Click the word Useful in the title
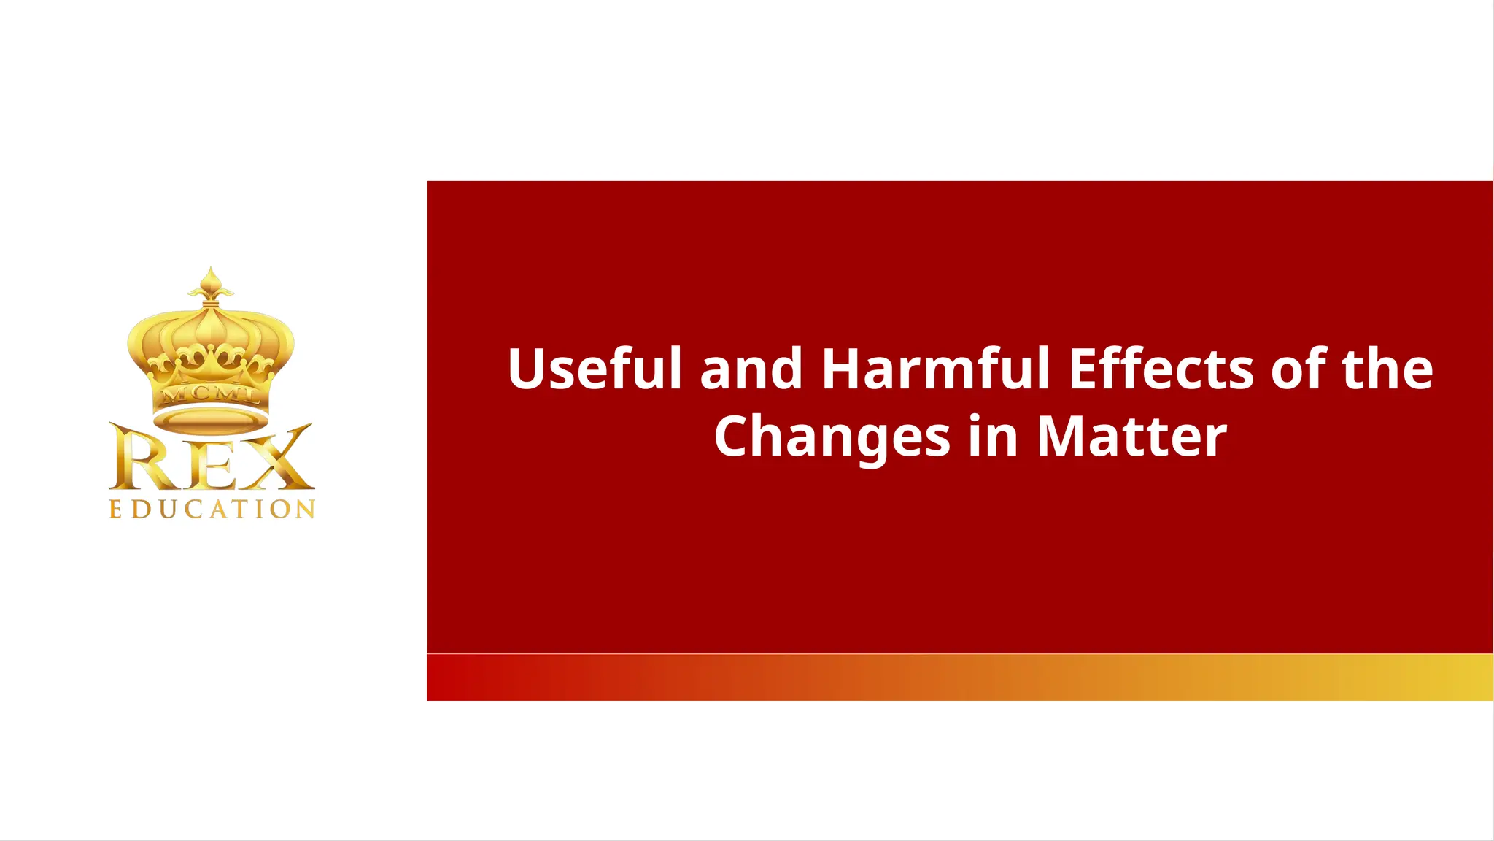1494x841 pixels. pyautogui.click(x=594, y=369)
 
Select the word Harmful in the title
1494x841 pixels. pyautogui.click(x=936, y=369)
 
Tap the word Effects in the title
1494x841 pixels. pyautogui.click(x=1161, y=369)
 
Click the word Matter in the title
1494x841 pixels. pyautogui.click(x=1131, y=437)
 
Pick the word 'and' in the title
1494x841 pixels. pyautogui.click(x=751, y=369)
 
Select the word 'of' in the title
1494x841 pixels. pyautogui.click(x=1298, y=369)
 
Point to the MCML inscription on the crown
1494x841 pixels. pyautogui.click(x=211, y=395)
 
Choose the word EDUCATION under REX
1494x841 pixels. pyautogui.click(x=212, y=509)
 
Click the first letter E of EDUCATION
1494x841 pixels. pyautogui.click(x=115, y=509)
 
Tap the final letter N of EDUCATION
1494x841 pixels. pyautogui.click(x=306, y=509)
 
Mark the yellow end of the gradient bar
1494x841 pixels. pyautogui.click(x=1466, y=677)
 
